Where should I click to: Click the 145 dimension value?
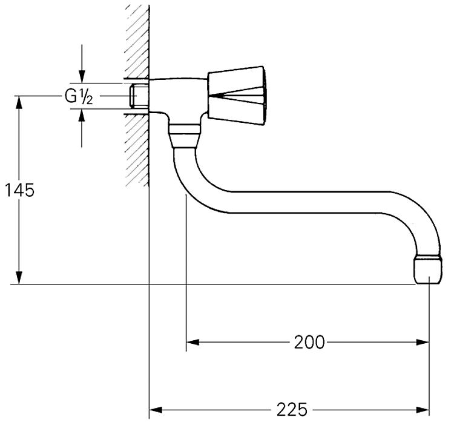[x=20, y=191]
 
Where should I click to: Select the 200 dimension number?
[x=309, y=343]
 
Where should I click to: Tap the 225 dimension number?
[x=292, y=410]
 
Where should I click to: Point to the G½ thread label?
[x=79, y=96]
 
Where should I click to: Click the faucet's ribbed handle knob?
[x=236, y=96]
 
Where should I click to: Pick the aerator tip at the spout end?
[x=428, y=269]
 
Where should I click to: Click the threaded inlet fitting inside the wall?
[x=139, y=96]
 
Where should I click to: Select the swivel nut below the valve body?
[x=184, y=136]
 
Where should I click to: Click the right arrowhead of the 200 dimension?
[x=422, y=343]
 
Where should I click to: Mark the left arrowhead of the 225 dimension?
[x=156, y=410]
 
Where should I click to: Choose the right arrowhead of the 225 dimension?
[x=423, y=410]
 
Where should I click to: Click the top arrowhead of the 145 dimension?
[x=19, y=102]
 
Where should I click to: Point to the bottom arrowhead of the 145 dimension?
[x=19, y=278]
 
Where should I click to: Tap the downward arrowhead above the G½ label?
[x=82, y=76]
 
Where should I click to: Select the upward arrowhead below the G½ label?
[x=82, y=116]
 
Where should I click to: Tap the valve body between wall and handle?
[x=178, y=96]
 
